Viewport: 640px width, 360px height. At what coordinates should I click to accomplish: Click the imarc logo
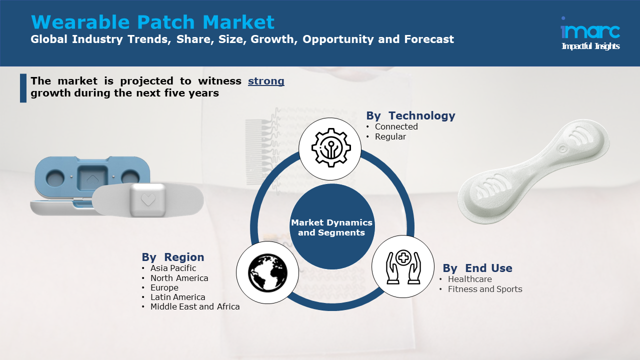(x=590, y=33)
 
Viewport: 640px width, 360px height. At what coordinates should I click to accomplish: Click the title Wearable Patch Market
(x=152, y=22)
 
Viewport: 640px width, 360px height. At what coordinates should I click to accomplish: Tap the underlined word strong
(x=266, y=81)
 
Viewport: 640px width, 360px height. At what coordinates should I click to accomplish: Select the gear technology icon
(x=331, y=147)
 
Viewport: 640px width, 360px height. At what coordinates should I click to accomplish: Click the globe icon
(x=267, y=272)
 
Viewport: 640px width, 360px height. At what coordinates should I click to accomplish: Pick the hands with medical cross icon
(x=403, y=267)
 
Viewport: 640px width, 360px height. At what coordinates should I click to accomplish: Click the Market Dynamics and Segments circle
(x=331, y=227)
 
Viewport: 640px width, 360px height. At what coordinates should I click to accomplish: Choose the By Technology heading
(x=410, y=115)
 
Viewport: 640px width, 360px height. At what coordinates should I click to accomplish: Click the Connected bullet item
(x=396, y=126)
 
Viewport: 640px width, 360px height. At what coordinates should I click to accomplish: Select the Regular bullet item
(x=390, y=136)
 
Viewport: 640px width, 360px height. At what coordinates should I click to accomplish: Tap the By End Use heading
(x=477, y=268)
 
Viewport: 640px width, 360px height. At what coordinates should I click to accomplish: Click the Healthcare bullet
(x=469, y=279)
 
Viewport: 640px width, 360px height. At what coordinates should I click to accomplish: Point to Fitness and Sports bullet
(x=485, y=289)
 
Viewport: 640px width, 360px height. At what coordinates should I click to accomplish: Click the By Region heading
(x=173, y=257)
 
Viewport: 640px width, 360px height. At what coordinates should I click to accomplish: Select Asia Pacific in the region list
(x=173, y=268)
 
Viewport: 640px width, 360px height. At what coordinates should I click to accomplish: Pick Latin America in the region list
(x=177, y=297)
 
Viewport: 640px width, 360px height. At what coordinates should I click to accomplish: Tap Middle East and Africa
(x=195, y=306)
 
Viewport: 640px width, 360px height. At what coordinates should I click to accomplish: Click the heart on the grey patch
(x=148, y=199)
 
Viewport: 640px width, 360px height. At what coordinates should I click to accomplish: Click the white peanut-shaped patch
(x=533, y=171)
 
